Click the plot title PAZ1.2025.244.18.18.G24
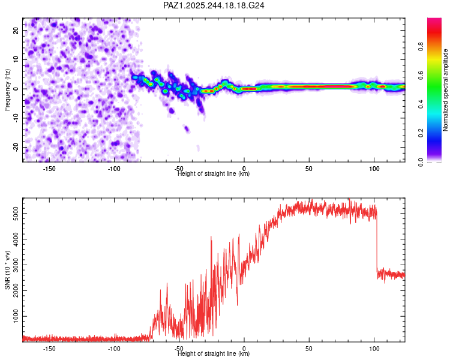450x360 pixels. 214,5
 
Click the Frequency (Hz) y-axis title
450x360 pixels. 7,89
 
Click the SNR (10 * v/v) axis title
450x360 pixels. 7,270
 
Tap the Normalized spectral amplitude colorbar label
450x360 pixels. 445,91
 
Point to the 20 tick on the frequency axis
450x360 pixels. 16,30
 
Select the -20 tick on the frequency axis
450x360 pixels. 15,147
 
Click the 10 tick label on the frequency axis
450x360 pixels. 16,59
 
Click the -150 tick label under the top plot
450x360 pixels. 49,169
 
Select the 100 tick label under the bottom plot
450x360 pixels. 374,349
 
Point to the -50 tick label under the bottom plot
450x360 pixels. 179,349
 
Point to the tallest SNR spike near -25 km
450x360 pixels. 211,238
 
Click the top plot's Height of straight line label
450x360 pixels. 214,174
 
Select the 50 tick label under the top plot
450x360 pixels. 309,169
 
